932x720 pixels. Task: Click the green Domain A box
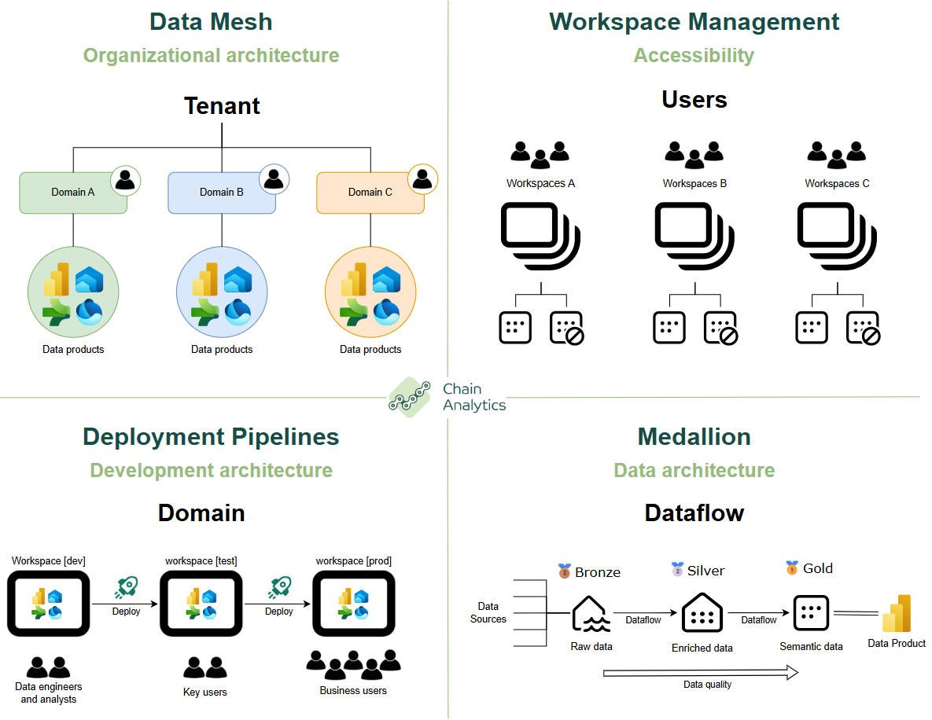[73, 193]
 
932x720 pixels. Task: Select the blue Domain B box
[222, 193]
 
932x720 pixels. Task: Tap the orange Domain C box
[370, 193]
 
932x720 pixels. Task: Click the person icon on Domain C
[422, 180]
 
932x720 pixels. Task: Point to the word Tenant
[222, 105]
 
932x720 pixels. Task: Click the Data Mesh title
[211, 21]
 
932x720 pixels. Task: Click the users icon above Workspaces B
[694, 155]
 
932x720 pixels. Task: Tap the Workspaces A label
[540, 184]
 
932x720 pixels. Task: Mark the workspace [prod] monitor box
[353, 604]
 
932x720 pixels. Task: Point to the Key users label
[204, 692]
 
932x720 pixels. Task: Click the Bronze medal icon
[564, 571]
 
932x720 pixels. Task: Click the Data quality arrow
[701, 672]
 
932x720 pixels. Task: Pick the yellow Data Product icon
[897, 615]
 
